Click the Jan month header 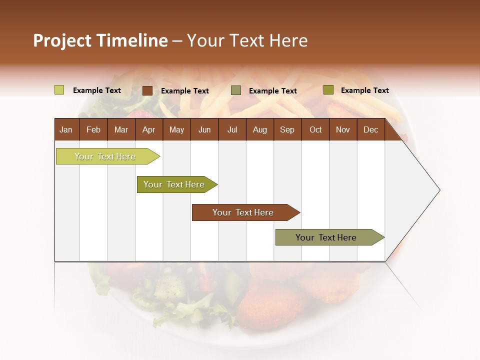coord(66,130)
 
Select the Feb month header coord(93,130)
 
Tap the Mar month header coord(121,130)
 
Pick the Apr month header coord(149,130)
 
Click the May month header coord(176,130)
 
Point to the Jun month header coord(204,130)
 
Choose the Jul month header coord(232,130)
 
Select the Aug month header coord(260,130)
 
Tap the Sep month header coord(287,130)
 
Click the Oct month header coord(315,130)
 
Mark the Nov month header coord(343,130)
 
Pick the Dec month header coord(371,130)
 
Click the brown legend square coord(147,90)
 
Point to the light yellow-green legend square coord(59,90)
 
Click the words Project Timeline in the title coord(100,40)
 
